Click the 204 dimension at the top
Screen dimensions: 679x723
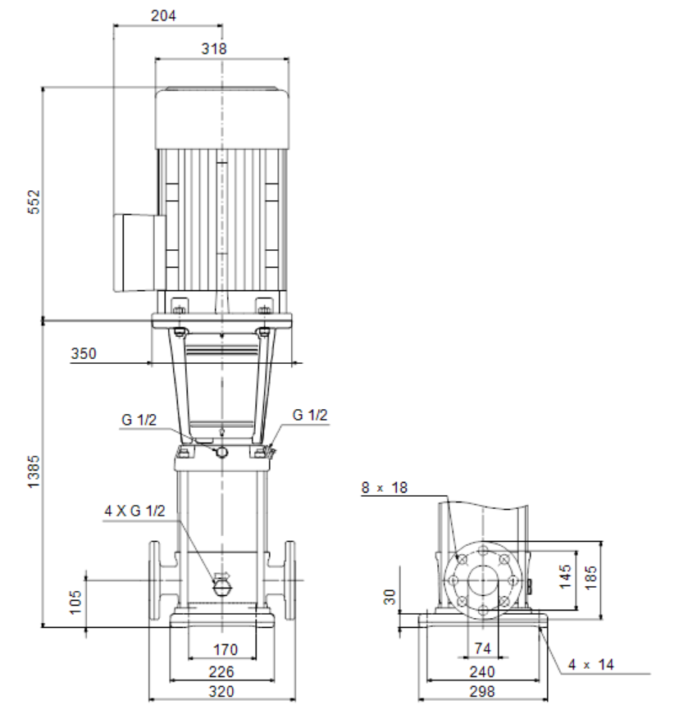coord(163,16)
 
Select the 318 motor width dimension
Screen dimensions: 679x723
coord(214,48)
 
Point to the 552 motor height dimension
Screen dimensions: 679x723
coord(34,202)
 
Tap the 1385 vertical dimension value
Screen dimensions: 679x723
coord(34,471)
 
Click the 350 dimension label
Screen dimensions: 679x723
coord(84,353)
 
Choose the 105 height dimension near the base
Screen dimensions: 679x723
coord(75,602)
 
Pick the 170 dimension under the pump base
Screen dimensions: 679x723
coord(225,650)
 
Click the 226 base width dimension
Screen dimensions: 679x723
coord(221,672)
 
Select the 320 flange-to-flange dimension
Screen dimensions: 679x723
coord(221,692)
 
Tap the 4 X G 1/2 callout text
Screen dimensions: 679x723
coord(134,511)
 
